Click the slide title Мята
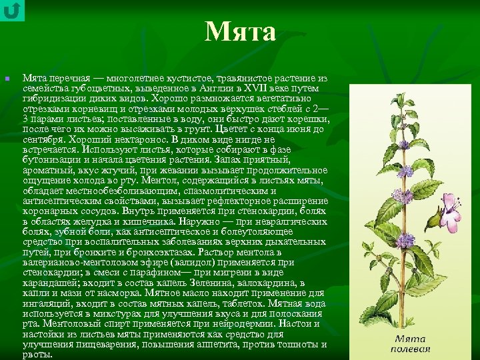[x=240, y=31]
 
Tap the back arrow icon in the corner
[x=12, y=11]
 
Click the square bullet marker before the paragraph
[x=7, y=79]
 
